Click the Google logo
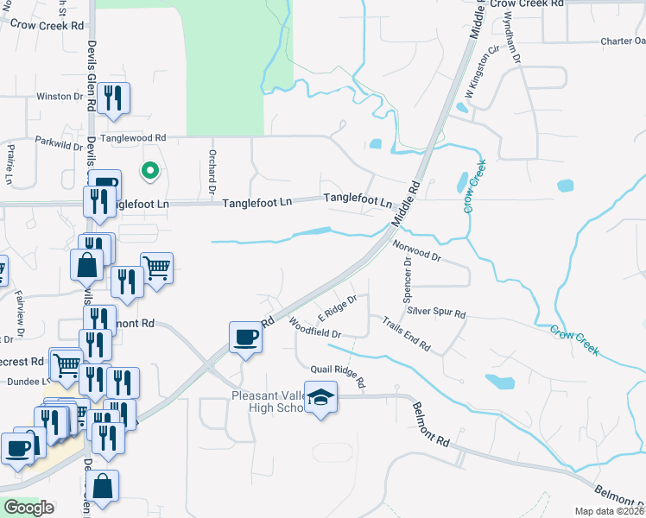28,508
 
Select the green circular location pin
150,171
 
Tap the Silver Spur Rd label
437,313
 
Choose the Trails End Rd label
407,333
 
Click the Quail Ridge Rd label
339,376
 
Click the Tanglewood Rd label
133,138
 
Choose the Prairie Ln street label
9,164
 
